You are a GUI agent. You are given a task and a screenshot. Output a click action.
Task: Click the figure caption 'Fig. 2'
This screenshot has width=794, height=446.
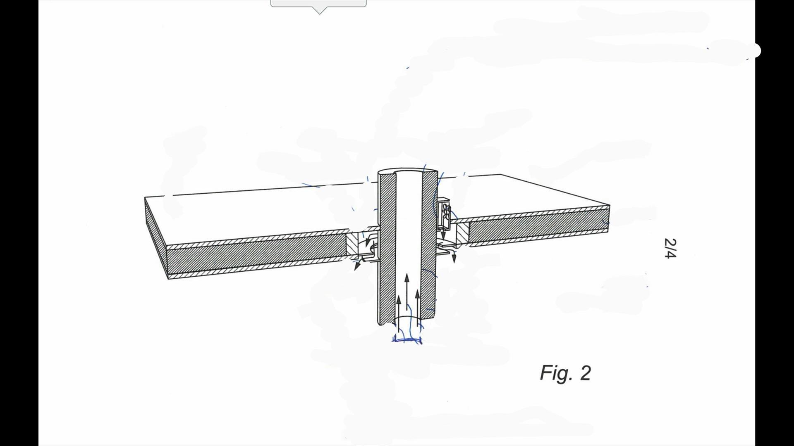tap(565, 373)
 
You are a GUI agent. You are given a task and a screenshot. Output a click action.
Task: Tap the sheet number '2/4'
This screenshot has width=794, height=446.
tap(670, 248)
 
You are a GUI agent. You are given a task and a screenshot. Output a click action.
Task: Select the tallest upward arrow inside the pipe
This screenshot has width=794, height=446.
tap(407, 291)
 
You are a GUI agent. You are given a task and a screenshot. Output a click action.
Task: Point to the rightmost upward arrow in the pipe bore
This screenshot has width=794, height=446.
tap(417, 308)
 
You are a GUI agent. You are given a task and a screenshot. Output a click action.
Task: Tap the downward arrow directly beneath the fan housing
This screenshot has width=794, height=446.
tap(443, 235)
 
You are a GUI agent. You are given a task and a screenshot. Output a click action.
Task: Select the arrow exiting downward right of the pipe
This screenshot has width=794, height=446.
tap(454, 256)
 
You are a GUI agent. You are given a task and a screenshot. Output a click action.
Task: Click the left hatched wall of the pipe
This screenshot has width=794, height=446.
tap(387, 248)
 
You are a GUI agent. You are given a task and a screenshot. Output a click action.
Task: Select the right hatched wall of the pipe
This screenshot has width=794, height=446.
tap(429, 248)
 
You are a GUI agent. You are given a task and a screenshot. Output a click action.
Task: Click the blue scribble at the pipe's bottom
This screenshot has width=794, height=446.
tap(407, 340)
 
